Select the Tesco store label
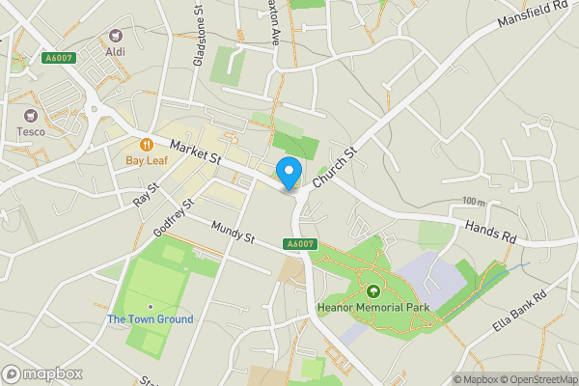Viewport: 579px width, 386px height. (30, 131)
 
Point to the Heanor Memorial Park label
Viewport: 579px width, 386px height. (372, 309)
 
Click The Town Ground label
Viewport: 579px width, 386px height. (150, 319)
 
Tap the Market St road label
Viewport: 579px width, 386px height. (197, 150)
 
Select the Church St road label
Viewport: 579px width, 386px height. (335, 167)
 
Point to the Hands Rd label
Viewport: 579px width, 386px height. (490, 230)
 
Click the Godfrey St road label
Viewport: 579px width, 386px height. (174, 220)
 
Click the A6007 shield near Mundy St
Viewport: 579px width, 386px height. (300, 245)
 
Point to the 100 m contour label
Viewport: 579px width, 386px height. (474, 202)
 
